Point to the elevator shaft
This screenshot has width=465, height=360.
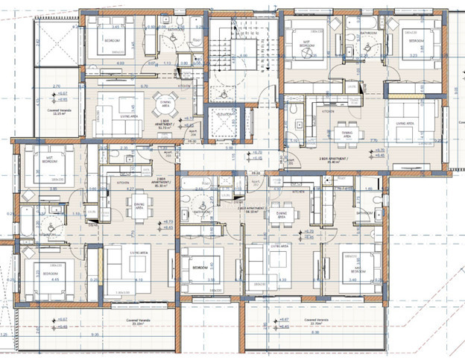coord(221,122)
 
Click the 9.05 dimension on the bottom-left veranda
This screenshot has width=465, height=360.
coord(95,335)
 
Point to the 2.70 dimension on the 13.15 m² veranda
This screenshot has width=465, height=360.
coord(57,86)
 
